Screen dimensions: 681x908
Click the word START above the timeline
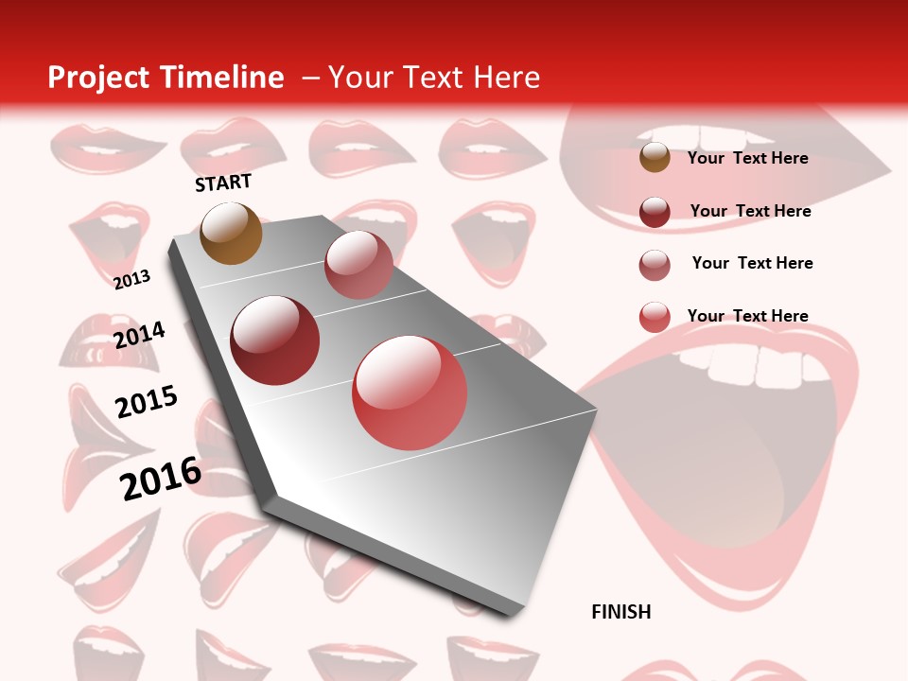pos(223,183)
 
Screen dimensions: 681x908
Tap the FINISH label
pos(621,612)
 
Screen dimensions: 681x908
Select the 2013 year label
pos(132,279)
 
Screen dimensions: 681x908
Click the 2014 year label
pos(139,335)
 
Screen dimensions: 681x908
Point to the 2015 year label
pos(147,402)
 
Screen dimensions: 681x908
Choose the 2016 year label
pos(161,478)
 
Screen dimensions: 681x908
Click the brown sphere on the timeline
pos(232,233)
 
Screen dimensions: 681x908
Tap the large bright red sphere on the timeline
pos(410,393)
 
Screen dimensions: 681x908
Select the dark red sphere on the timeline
pos(275,340)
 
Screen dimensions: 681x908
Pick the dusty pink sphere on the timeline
pos(358,264)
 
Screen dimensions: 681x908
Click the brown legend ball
pos(655,158)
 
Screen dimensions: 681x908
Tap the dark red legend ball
pos(655,212)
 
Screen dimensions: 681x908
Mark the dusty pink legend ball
pos(655,265)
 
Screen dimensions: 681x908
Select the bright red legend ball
pos(655,317)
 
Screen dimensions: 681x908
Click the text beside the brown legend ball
pos(748,158)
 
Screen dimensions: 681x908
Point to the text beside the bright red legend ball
pos(748,316)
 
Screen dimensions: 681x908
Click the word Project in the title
pos(99,78)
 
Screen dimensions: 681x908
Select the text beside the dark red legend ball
pos(751,211)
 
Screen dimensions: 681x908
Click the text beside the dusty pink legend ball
pos(753,263)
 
